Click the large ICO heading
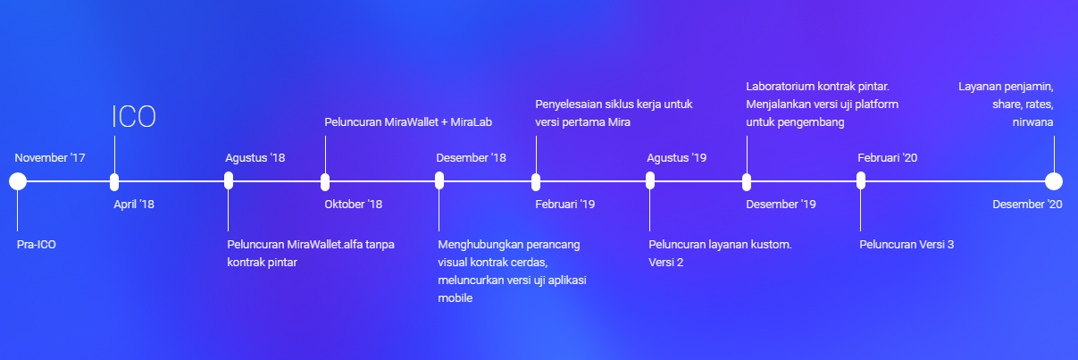134,117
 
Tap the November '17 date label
50,158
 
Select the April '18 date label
134,205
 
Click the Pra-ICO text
37,244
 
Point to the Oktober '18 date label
353,205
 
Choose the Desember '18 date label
471,158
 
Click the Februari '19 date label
564,205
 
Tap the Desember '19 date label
781,205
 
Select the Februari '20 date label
888,158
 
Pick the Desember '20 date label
1027,205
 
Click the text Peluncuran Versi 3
907,244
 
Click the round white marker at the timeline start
17,181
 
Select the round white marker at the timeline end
1054,181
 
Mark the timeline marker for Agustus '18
229,181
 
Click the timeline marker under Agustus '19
650,181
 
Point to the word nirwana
1034,121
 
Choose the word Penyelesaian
572,105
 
